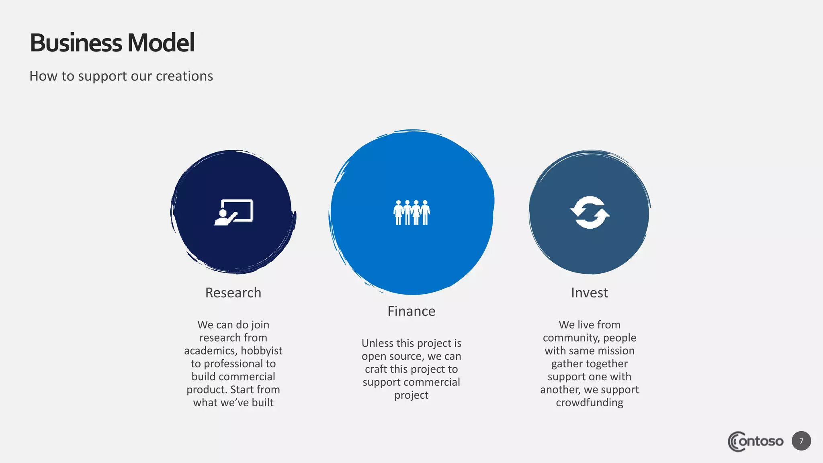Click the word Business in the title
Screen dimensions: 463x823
(76, 43)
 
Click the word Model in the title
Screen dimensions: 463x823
(161, 43)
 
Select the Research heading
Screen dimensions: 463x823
(233, 293)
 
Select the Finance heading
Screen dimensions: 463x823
(411, 311)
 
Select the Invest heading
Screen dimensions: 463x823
(589, 293)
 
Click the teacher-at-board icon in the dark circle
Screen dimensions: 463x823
(233, 212)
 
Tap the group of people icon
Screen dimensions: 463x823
(411, 212)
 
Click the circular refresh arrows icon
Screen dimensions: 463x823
(590, 212)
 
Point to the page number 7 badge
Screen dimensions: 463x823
(801, 441)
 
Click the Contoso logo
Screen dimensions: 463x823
(755, 441)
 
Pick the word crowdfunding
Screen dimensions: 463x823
(589, 402)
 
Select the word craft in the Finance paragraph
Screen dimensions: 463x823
(375, 369)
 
